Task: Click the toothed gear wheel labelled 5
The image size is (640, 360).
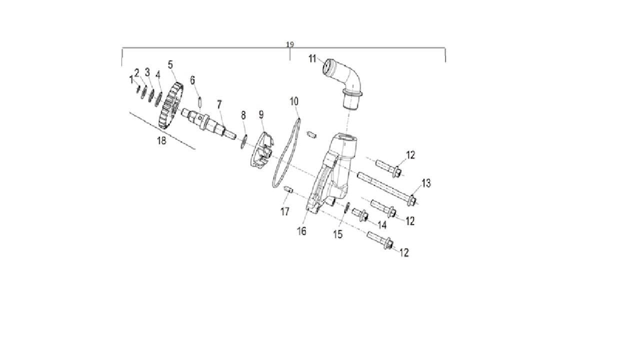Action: [171, 105]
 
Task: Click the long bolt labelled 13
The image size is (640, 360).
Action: [387, 188]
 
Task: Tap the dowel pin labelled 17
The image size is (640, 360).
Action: [288, 189]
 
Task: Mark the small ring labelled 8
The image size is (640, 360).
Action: [243, 141]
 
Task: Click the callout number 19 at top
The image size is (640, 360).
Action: [289, 44]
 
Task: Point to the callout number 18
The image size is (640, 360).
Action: [161, 140]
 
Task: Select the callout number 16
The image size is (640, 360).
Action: [301, 231]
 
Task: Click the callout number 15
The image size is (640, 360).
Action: [337, 234]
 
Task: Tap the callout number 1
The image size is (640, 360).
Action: [131, 79]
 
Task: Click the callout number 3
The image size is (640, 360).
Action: [147, 72]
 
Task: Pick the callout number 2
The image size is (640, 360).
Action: [136, 73]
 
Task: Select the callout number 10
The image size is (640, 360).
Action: [294, 101]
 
